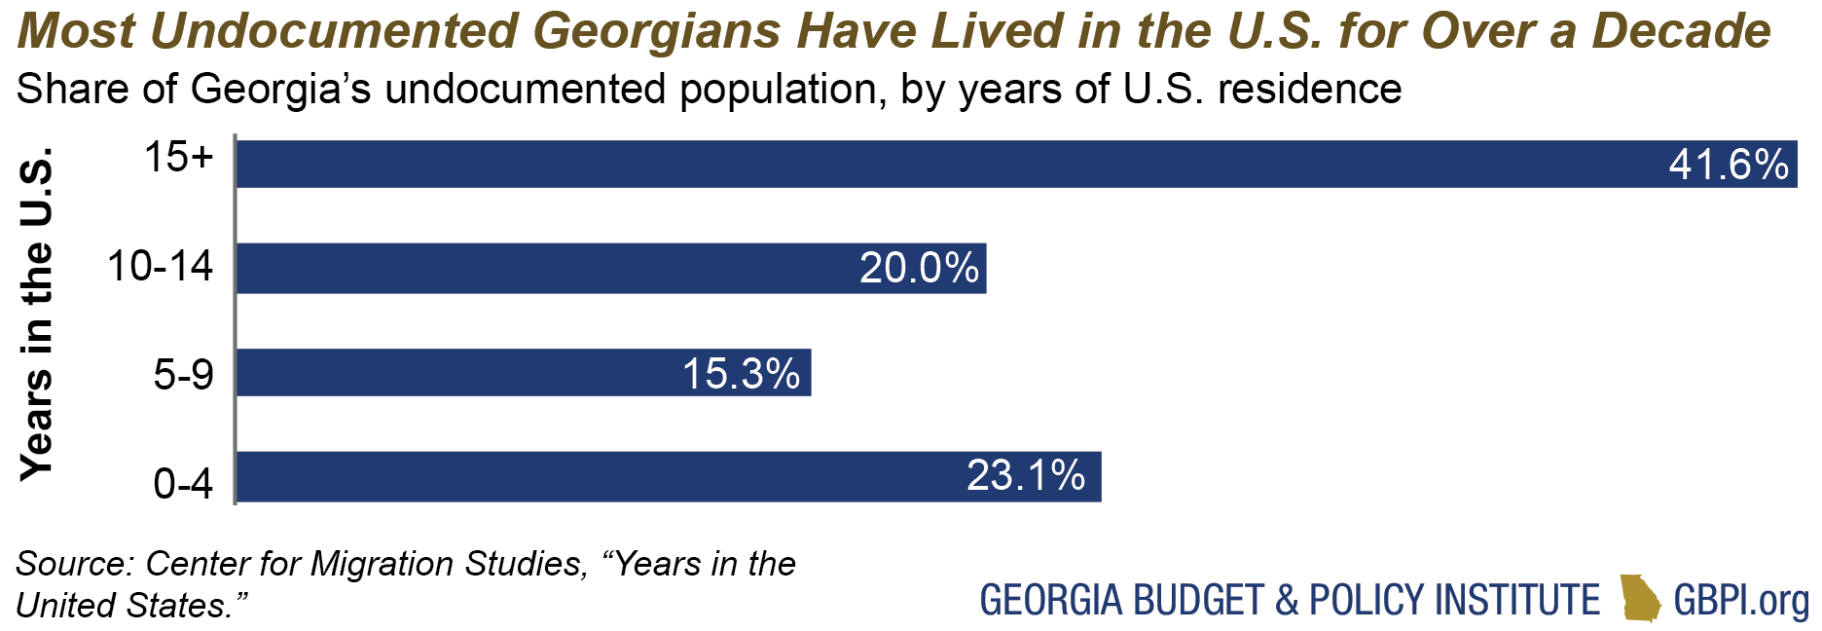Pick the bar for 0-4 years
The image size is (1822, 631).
coord(584,477)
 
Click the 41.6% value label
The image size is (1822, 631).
coord(1729,165)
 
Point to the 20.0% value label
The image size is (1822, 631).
coord(919,268)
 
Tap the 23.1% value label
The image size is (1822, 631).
coord(1026,476)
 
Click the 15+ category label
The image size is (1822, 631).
coord(178,157)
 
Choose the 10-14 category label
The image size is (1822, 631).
coord(160,266)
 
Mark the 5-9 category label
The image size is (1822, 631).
coord(183,374)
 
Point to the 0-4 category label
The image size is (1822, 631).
coord(183,483)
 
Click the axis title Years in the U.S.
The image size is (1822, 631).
coord(37,314)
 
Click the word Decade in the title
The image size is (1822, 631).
coord(1681,31)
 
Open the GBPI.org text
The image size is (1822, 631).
coord(1741,600)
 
